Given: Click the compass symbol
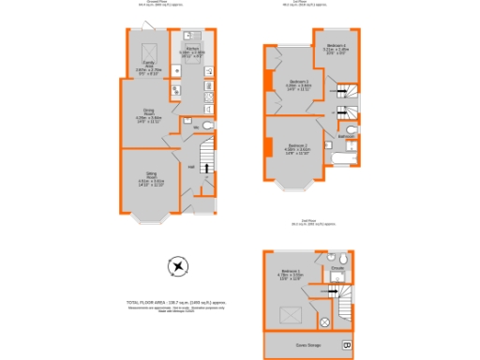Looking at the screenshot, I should [x=176, y=269].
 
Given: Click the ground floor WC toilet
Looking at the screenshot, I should [x=207, y=126].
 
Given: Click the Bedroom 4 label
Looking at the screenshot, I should [x=335, y=49].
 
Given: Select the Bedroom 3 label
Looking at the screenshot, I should [x=299, y=85].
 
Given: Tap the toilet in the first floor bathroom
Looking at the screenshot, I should [x=351, y=129].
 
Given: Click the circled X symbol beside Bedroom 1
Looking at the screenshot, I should [x=324, y=322].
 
